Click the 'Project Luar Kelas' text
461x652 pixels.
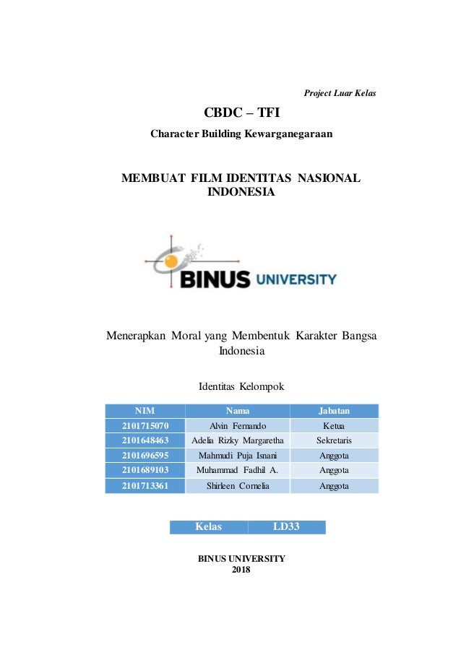point(340,93)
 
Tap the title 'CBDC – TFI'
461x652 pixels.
point(241,113)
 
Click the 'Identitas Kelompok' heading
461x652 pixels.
point(241,387)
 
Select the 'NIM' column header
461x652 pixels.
point(145,411)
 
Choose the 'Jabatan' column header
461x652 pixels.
point(334,411)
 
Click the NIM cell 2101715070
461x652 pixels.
point(145,426)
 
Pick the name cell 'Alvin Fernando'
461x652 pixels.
point(237,426)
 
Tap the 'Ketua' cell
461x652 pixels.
point(334,426)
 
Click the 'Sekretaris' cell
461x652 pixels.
point(334,440)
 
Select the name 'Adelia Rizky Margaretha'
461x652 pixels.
point(237,440)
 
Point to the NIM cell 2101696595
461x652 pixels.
point(145,456)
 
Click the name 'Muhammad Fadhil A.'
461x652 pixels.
point(237,471)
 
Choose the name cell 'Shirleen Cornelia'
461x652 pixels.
point(237,486)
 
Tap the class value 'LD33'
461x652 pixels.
point(286,527)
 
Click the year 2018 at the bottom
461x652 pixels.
point(241,570)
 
